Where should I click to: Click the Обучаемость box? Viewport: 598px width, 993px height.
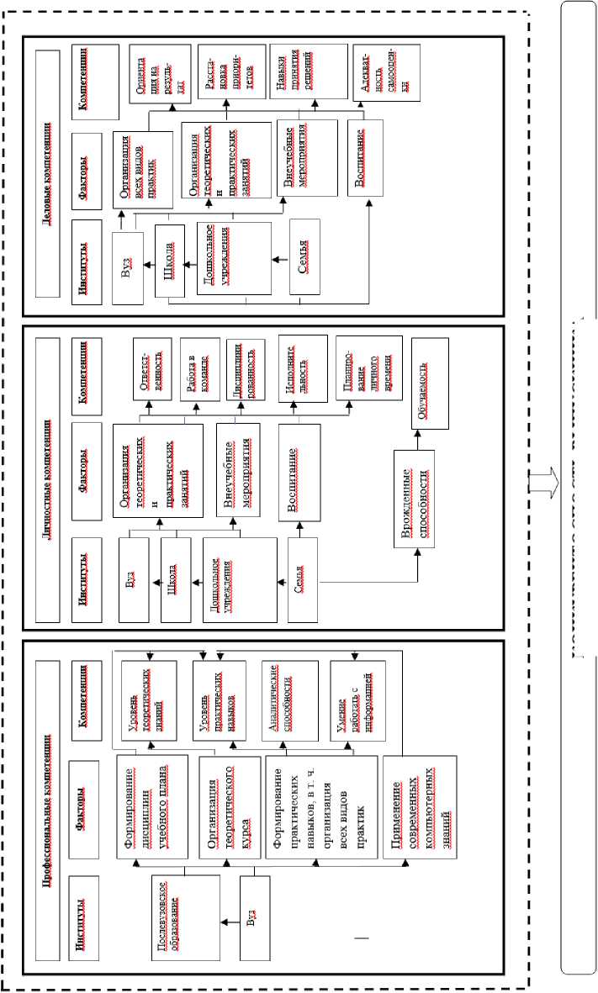(x=429, y=383)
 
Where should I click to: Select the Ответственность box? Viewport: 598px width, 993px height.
(x=152, y=363)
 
